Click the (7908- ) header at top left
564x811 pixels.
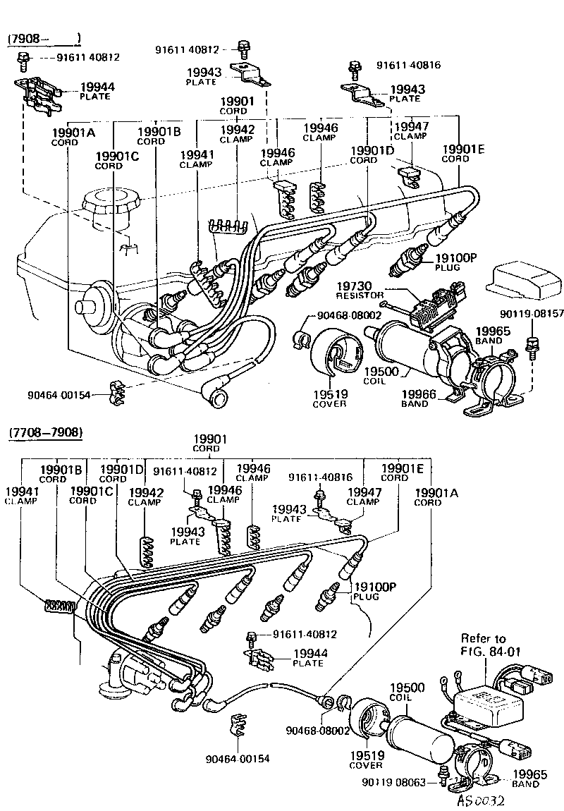point(44,38)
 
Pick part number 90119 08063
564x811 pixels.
point(397,781)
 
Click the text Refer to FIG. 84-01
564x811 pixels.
point(484,645)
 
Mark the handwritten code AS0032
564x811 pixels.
point(482,800)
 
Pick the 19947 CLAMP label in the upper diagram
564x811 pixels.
point(411,131)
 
